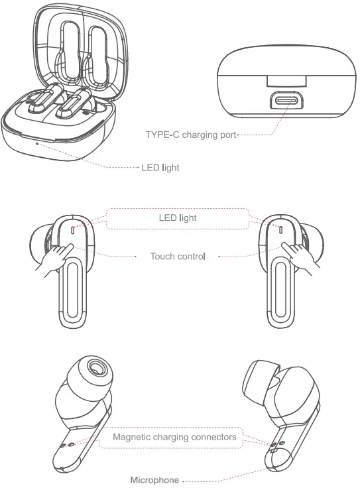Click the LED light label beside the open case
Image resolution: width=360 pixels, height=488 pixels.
tap(160, 168)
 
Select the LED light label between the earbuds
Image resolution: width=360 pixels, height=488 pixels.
tap(177, 217)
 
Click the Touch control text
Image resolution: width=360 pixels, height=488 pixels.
tap(178, 256)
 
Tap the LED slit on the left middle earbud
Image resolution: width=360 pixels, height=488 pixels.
tap(71, 230)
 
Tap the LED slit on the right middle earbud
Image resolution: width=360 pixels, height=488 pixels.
tap(280, 230)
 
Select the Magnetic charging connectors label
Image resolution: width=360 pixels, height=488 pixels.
tap(174, 438)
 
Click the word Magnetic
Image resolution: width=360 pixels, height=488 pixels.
tap(132, 438)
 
